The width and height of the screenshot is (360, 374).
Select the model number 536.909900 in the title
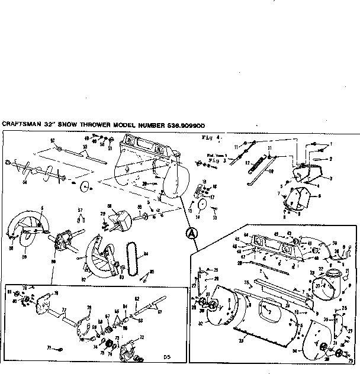coord(184,125)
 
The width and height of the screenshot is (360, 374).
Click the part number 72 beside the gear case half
coord(141,337)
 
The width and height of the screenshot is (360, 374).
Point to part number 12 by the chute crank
coord(248,162)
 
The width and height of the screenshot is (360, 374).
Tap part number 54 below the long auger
coord(24,182)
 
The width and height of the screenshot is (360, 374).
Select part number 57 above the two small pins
coord(81,210)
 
